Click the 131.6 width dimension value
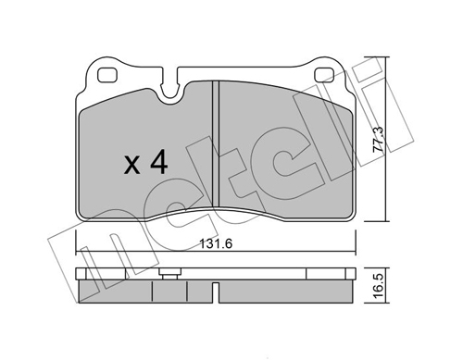pos(216,244)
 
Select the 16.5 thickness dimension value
pos(378,285)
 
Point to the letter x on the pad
pos(131,166)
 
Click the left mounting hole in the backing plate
pos(106,75)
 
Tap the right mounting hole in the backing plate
pos(324,75)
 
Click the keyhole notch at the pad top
pos(169,87)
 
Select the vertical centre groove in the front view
pos(216,143)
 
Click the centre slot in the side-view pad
pos(216,292)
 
